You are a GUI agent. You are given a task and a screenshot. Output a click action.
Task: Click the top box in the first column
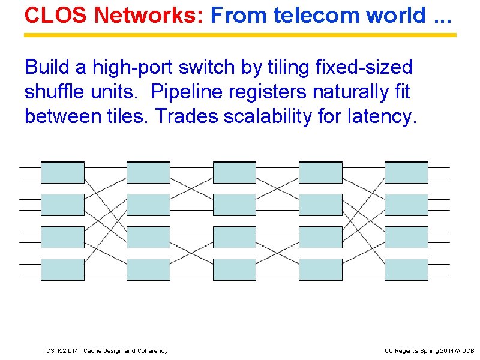tap(62, 172)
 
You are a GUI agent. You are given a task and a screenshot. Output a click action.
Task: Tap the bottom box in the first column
tap(62, 269)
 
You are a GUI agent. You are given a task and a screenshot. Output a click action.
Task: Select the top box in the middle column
tap(235, 172)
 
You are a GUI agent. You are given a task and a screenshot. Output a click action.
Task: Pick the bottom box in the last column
tap(406, 269)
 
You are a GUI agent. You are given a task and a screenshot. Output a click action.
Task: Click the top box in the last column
tap(406, 172)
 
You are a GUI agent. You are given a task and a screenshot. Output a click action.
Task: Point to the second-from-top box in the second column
tap(148, 205)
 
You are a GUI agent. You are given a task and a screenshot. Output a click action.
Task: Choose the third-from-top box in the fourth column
tap(320, 237)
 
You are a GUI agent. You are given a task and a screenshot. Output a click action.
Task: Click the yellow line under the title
tap(240, 35)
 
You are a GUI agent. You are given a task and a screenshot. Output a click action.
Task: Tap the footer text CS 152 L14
tap(65, 351)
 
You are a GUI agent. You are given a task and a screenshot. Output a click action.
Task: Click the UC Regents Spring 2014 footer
tap(420, 351)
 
